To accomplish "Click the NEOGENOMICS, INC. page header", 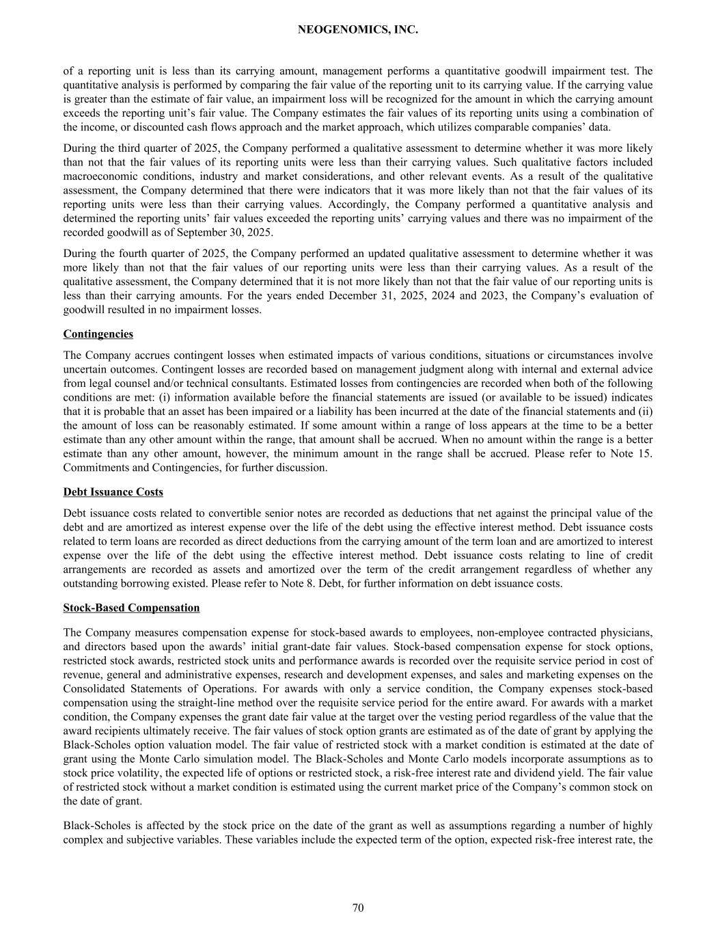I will point(358,30).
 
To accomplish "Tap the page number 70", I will point(358,908).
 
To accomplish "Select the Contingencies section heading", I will point(98,334).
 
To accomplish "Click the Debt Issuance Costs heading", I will point(113,492).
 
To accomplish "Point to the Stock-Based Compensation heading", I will point(131,608).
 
